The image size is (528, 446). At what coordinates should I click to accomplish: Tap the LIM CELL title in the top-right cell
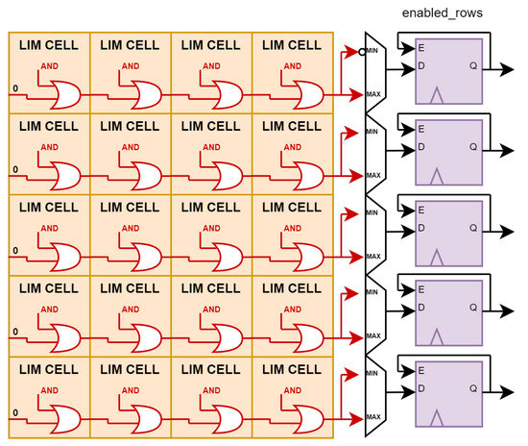(291, 45)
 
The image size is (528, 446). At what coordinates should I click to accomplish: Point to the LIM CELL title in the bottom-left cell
(49, 368)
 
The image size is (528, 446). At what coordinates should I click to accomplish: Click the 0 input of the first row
(13, 89)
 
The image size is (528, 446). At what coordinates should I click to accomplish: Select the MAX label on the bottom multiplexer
(373, 416)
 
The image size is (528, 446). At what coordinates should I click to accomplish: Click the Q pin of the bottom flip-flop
(473, 390)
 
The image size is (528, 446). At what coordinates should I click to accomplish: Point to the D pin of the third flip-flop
(420, 229)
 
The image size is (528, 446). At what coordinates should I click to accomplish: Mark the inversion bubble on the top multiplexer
(362, 52)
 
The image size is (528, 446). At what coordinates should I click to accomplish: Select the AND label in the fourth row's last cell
(292, 310)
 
